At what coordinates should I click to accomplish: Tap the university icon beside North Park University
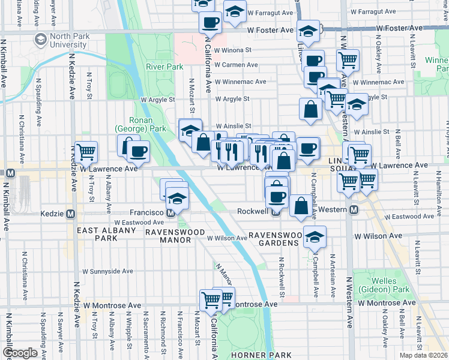pos(41,40)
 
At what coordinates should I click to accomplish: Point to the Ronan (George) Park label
pos(140,124)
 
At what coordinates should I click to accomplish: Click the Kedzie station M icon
pos(71,213)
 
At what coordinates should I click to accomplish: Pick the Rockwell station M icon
pos(274,211)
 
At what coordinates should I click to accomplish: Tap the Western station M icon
pos(354,209)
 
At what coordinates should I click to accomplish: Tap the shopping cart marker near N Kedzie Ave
pos(86,152)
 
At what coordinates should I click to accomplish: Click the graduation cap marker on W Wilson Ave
pos(315,236)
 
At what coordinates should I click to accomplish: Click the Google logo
pos(20,353)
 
